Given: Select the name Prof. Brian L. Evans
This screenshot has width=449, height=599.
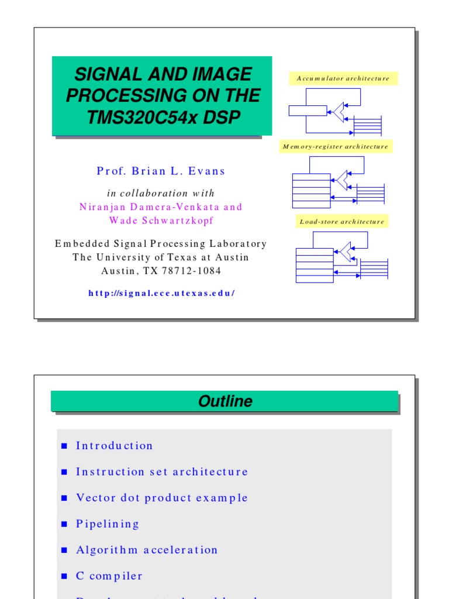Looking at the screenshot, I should pos(161,171).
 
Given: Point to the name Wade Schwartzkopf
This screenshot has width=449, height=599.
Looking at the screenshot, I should pos(161,221).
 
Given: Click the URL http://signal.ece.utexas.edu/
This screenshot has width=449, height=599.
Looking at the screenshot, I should pos(161,293).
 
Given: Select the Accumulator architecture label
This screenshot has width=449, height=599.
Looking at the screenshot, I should pos(343,78).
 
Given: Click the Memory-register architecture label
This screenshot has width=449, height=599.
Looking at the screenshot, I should pos(336,147).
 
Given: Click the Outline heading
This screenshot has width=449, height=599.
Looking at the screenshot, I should pos(225,401).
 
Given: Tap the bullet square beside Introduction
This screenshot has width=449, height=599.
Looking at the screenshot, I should pos(65,446).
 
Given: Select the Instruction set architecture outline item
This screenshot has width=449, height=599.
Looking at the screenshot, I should pos(162,471).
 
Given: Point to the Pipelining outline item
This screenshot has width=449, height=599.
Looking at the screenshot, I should pos(108,524).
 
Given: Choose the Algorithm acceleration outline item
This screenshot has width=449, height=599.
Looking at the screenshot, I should pos(147,550).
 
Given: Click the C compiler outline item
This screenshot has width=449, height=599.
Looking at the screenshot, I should pos(109,576).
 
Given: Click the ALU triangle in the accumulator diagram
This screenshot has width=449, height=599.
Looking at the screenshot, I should pos(339,111).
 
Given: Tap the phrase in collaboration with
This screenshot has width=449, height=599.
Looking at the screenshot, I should pos(161,194).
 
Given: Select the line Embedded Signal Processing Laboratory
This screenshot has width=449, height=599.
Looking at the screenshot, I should pos(161,244).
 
